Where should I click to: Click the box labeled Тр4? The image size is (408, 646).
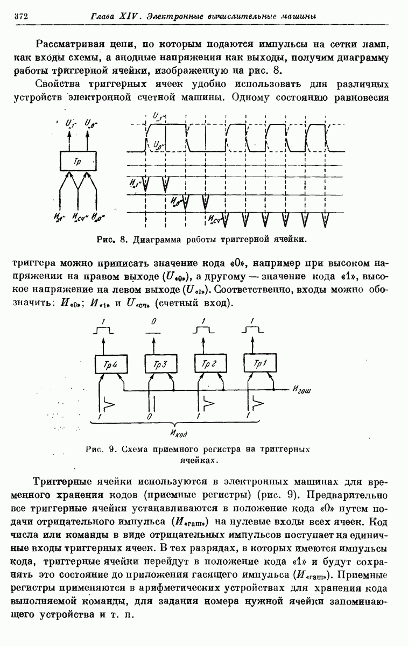pos(109,364)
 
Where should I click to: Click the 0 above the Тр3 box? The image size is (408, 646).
pos(154,321)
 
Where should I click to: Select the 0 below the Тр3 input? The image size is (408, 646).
pos(149,416)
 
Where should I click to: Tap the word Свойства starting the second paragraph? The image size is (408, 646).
pos(60,83)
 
